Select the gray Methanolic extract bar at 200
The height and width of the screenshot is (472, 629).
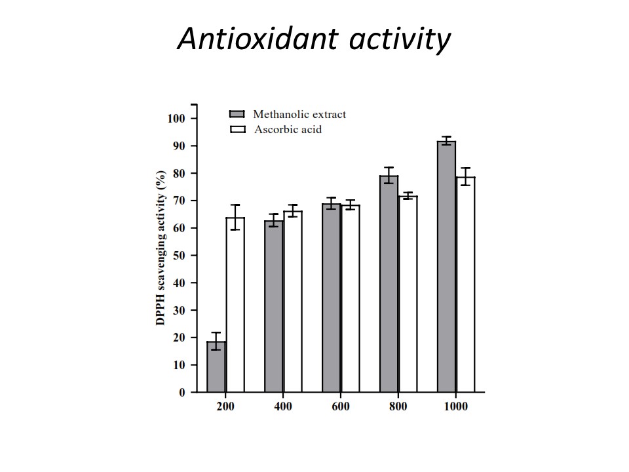pos(216,366)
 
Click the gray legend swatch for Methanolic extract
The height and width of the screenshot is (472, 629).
pos(237,114)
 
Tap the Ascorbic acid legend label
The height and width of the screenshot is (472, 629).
pos(288,130)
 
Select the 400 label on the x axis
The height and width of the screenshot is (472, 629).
pos(283,406)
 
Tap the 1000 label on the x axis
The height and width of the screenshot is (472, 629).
pos(456,406)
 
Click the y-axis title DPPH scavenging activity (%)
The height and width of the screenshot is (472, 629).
pos(160,248)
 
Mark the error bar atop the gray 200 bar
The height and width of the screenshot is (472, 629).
pos(216,341)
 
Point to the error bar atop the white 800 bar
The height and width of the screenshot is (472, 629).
pos(408,195)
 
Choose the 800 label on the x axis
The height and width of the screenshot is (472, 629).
pos(398,406)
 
